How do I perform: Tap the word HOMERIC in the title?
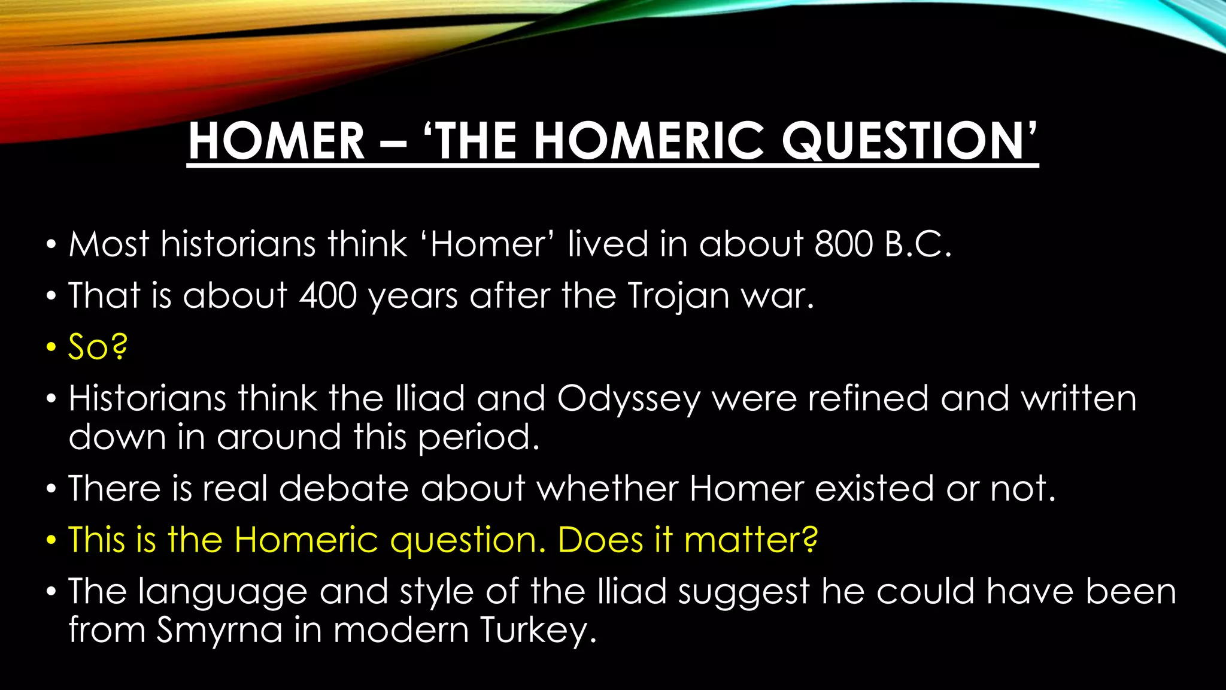pos(647,141)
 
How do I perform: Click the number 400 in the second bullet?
pos(329,296)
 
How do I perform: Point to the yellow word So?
pos(98,347)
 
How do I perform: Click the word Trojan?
pos(678,296)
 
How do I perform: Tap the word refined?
pos(868,399)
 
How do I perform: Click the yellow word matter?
pos(751,540)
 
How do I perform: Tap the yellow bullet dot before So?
pos(51,348)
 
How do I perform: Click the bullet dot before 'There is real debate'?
pos(51,489)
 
